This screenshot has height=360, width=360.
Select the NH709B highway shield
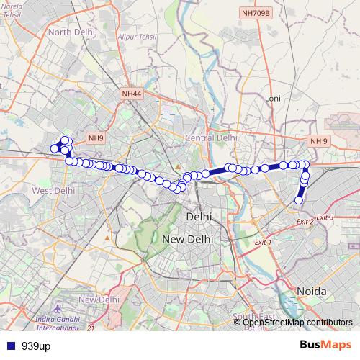coord(256,13)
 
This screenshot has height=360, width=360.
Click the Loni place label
coord(272,97)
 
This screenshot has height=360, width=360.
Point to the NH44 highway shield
coord(132,94)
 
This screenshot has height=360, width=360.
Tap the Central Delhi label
coord(211,137)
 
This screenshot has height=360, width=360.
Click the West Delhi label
coord(53,190)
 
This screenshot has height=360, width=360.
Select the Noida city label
coord(312,291)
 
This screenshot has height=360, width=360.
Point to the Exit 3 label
coord(325,217)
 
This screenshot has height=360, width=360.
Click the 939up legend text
coord(36,346)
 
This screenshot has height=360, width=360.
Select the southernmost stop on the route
coord(300,199)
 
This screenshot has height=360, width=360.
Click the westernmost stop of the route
coord(53,149)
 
